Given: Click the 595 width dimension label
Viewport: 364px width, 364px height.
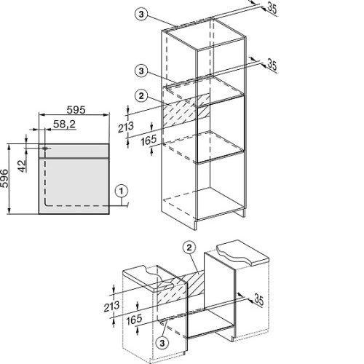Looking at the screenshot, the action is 76,110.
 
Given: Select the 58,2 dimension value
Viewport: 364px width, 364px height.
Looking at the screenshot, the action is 64,124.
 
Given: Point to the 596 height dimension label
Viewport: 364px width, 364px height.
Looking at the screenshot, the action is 4,178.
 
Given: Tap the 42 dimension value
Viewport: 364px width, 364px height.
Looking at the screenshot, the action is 23,166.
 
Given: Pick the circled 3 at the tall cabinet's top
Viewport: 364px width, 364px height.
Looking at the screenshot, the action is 141,15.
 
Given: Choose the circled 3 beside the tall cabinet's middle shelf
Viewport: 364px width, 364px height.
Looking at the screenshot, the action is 141,71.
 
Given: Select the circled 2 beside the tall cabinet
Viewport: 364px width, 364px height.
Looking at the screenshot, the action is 141,96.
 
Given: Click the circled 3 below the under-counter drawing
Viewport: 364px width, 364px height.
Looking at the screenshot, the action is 162,343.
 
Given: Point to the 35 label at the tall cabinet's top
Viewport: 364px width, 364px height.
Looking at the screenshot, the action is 272,9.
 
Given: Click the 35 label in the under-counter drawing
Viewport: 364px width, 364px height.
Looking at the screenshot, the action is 258,299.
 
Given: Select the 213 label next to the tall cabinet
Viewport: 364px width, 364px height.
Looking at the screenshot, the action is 126,127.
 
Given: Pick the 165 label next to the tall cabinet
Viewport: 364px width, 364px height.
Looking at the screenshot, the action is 149,141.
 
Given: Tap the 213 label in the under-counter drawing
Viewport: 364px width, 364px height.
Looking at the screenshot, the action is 111,306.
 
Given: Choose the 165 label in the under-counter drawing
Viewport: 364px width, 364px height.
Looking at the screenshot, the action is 134,320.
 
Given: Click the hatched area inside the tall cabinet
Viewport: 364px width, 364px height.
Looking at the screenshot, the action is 186,111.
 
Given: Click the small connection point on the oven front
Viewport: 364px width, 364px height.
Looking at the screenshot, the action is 44,148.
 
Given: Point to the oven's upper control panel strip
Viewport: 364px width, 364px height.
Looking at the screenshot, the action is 74,151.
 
